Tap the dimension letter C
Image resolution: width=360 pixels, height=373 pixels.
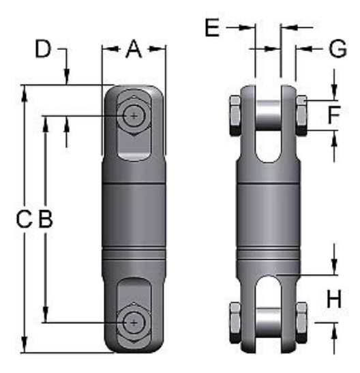tap(24, 220)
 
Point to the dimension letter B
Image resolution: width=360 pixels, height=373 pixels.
tap(45, 220)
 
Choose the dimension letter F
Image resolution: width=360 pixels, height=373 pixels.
tap(332, 115)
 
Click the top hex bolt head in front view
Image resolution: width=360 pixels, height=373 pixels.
tap(134, 116)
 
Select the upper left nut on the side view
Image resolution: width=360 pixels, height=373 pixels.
tap(233, 114)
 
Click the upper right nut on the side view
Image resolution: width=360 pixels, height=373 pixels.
tap(301, 114)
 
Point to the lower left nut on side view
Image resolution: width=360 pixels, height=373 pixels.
tap(233, 321)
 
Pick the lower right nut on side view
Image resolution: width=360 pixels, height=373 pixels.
tap(301, 321)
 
